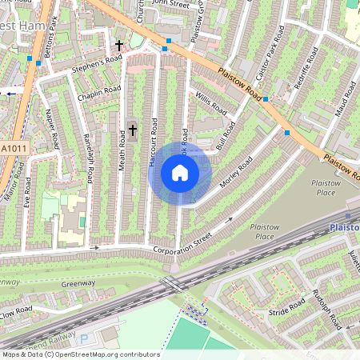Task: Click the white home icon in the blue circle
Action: (x=180, y=173)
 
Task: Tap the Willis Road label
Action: (x=211, y=104)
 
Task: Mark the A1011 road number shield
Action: (x=13, y=148)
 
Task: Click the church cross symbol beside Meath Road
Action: (x=133, y=128)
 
